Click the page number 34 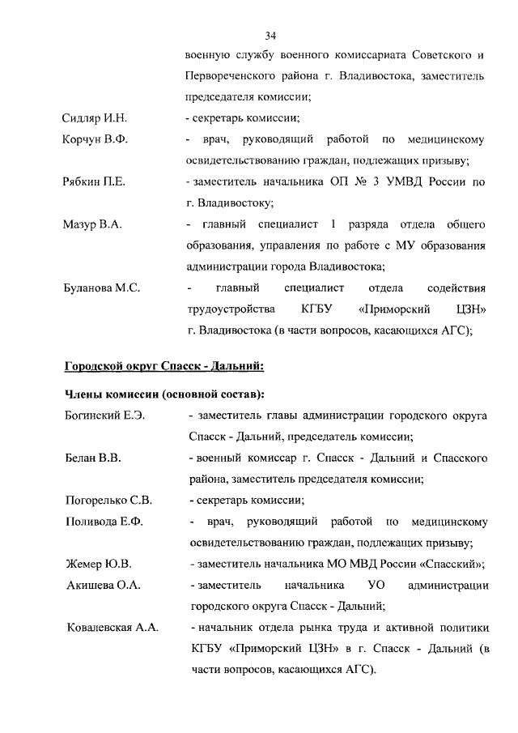point(271,36)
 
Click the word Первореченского point(227,76)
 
